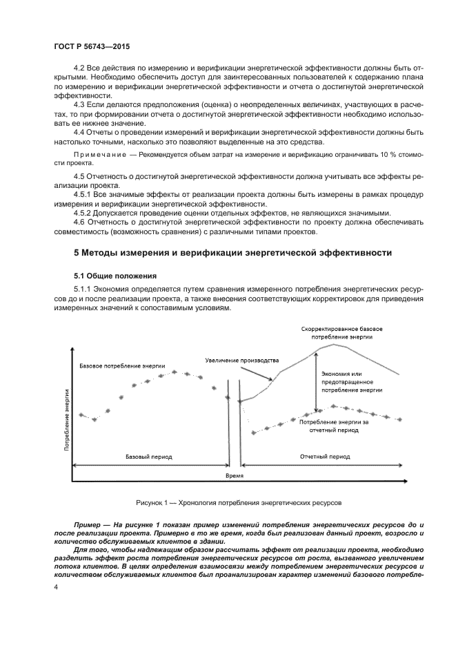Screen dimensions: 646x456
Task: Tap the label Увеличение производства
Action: coord(241,361)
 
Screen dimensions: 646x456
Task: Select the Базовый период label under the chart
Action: coord(149,457)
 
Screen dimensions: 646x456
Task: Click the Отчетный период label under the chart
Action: coord(324,457)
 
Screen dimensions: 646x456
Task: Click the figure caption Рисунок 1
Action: coord(238,502)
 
